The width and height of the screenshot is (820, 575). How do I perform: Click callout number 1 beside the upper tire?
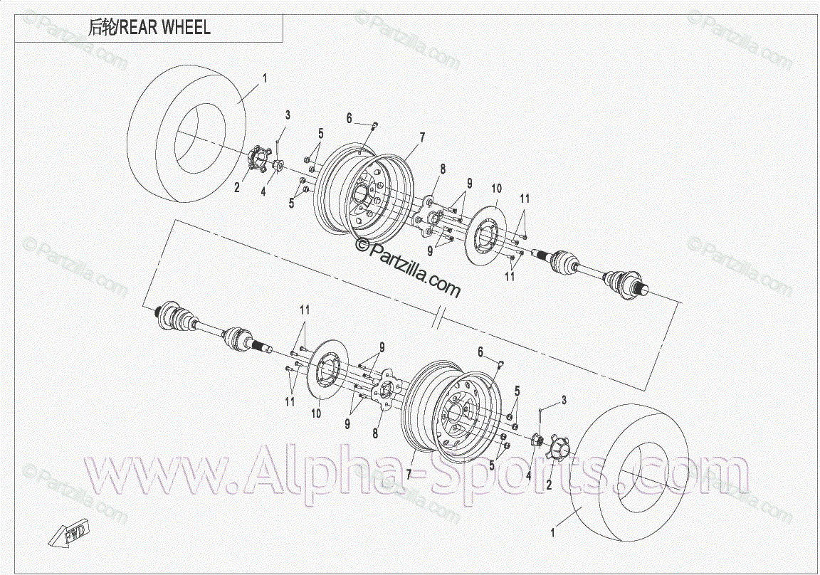tap(264, 78)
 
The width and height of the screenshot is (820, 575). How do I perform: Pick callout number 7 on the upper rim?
tap(421, 137)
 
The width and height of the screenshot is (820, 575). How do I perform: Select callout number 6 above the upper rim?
tap(349, 118)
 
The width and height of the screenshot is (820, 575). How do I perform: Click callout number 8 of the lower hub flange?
tap(376, 433)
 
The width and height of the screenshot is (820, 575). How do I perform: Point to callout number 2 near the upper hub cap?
tap(237, 188)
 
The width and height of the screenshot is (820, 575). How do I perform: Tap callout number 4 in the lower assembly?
tap(528, 475)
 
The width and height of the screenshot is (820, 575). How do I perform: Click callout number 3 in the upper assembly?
tap(288, 115)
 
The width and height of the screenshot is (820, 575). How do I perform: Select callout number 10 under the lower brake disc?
tap(317, 413)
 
